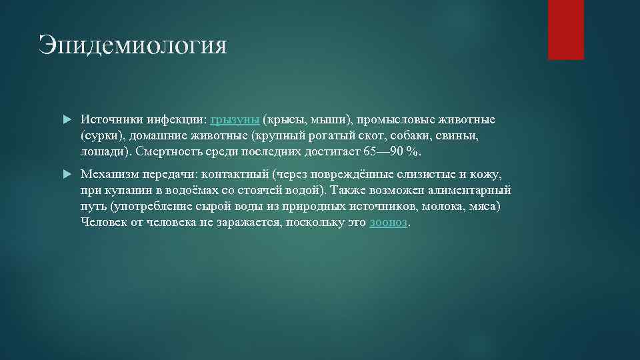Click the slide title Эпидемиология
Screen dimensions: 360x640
[133, 45]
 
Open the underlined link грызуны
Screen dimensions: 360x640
[235, 120]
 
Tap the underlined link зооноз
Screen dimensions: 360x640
[388, 222]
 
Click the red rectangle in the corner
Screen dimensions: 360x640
[565, 29]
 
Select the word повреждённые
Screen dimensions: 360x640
[352, 174]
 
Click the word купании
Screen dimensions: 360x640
[124, 190]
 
